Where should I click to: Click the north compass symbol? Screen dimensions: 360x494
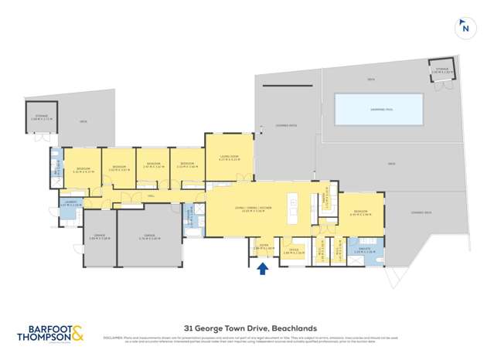pos(465,29)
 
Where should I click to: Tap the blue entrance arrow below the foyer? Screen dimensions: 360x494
pos(262,268)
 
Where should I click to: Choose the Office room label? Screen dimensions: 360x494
pos(294,250)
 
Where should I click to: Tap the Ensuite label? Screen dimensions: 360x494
pos(367,250)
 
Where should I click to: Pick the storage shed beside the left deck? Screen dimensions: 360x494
pos(41,118)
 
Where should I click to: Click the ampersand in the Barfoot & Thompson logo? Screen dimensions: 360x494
pos(79,334)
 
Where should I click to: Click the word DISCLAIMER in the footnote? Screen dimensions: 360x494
pos(113,337)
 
